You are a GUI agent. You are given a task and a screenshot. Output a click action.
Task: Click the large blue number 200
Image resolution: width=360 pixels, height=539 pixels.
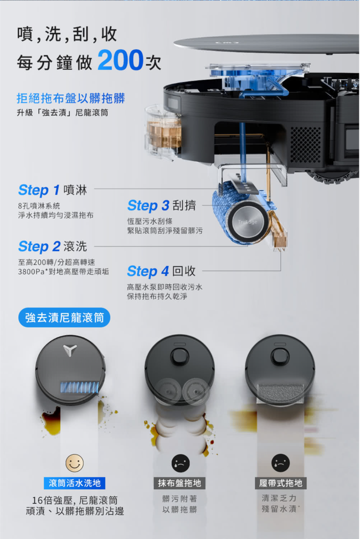pyautogui.click(x=120, y=60)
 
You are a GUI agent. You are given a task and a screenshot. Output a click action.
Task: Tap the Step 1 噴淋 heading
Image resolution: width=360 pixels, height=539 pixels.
pyautogui.click(x=53, y=190)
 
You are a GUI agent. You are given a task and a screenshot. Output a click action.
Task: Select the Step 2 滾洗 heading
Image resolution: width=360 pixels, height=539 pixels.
pyautogui.click(x=53, y=247)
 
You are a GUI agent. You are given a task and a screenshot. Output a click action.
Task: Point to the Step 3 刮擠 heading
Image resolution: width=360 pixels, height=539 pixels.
pyautogui.click(x=162, y=206)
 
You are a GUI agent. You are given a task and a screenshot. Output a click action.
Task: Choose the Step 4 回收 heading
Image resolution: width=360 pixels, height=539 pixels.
pyautogui.click(x=161, y=271)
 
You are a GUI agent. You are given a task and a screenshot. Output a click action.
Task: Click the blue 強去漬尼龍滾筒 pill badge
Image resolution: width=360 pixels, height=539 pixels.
pyautogui.click(x=64, y=317)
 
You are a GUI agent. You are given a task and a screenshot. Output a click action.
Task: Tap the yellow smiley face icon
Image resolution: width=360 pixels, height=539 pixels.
pyautogui.click(x=75, y=463)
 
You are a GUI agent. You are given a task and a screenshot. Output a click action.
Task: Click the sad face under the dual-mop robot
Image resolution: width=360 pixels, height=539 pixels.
pyautogui.click(x=181, y=463)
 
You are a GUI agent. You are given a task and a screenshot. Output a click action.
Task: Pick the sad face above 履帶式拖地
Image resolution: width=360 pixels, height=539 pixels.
pyautogui.click(x=280, y=463)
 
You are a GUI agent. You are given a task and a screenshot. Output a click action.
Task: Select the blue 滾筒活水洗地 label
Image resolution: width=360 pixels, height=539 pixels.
pyautogui.click(x=75, y=483)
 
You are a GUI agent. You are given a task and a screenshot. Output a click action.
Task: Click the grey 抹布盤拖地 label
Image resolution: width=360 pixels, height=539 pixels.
pyautogui.click(x=179, y=483)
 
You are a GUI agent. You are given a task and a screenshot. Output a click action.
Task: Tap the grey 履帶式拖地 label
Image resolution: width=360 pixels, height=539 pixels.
pyautogui.click(x=281, y=483)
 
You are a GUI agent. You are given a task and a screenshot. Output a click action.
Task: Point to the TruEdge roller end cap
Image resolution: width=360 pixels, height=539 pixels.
pyautogui.click(x=248, y=222)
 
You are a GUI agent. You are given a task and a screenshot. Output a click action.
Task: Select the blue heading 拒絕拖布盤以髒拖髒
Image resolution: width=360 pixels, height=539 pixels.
pyautogui.click(x=71, y=98)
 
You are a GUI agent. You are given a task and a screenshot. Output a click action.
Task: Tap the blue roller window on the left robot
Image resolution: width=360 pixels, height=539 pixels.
pyautogui.click(x=79, y=387)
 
